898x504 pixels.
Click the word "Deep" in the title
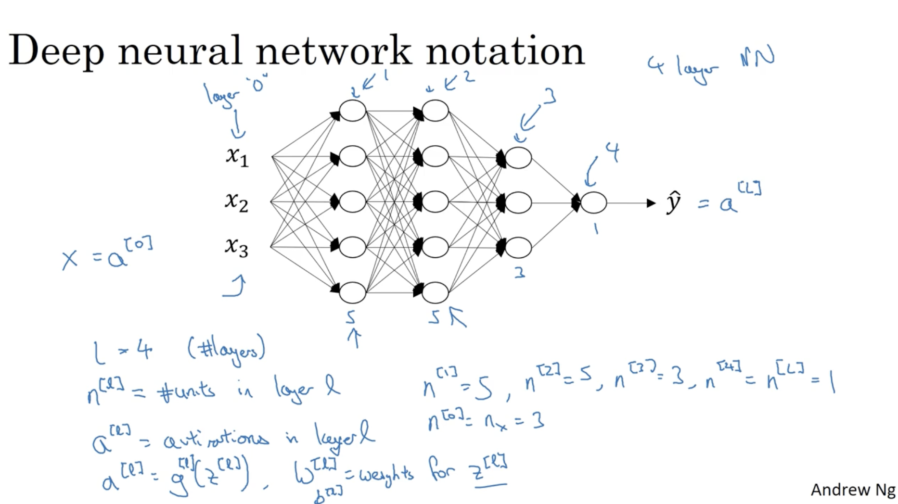[56, 51]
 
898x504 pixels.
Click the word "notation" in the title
[505, 51]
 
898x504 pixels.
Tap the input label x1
[237, 156]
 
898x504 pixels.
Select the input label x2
[236, 202]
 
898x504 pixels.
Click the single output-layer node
[593, 203]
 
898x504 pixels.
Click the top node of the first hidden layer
[352, 111]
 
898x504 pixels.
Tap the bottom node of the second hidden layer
[435, 292]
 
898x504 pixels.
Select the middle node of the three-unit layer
[518, 203]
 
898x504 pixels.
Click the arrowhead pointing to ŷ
[651, 203]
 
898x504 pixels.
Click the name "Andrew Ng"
[852, 490]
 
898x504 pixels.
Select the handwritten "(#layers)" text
[226, 350]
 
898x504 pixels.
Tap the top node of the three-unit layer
[518, 158]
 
